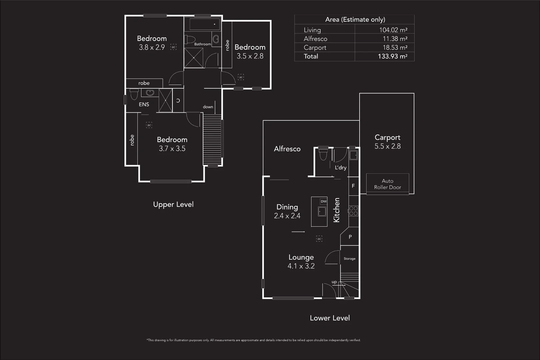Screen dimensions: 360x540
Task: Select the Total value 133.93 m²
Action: [x=392, y=56]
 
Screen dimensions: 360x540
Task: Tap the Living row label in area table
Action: [x=312, y=30]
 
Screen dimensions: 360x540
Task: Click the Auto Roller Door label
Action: [x=387, y=184]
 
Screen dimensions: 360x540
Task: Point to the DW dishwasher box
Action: [x=324, y=201]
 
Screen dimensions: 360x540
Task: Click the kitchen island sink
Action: [x=322, y=211]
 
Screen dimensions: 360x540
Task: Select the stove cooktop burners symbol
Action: [x=353, y=211]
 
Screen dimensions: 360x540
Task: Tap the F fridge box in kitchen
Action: [x=353, y=186]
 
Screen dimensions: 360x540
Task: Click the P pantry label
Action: [x=350, y=237]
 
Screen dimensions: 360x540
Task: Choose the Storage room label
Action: [x=350, y=259]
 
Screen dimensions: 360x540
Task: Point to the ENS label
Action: [x=144, y=104]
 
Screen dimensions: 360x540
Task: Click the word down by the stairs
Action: [x=208, y=107]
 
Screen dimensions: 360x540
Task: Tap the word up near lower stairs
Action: [x=334, y=282]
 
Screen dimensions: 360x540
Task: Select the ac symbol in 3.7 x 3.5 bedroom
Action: [x=149, y=125]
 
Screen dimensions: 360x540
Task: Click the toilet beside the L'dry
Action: [x=323, y=155]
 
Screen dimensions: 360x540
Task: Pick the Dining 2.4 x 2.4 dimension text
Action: [x=287, y=216]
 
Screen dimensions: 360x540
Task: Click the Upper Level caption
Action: [x=173, y=204]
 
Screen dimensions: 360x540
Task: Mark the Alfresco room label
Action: [x=287, y=149]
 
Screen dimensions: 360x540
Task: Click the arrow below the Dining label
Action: [x=298, y=231]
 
